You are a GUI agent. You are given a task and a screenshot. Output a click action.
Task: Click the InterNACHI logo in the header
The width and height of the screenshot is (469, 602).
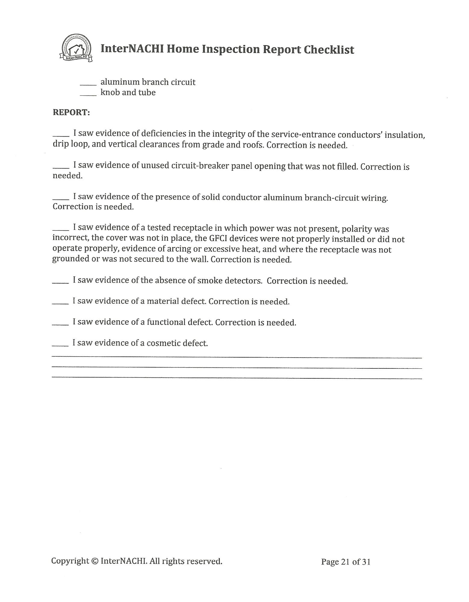pyautogui.click(x=76, y=48)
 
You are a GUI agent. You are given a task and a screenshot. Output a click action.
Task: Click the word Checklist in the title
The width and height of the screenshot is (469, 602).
pyautogui.click(x=329, y=49)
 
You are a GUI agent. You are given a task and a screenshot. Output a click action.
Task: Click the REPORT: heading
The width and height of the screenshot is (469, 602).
pyautogui.click(x=71, y=112)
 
